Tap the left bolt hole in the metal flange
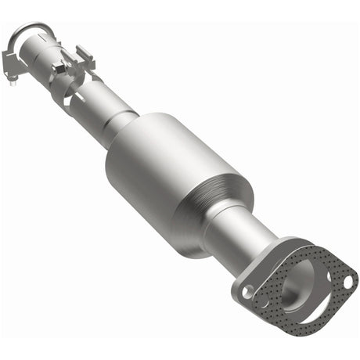[247, 291]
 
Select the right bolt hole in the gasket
[343, 278]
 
